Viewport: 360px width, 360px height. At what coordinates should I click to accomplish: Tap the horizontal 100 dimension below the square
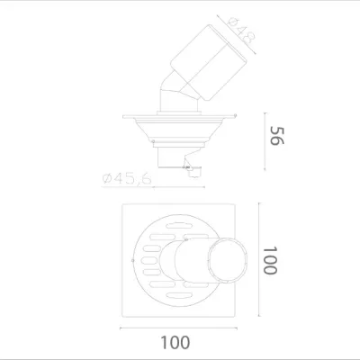178,341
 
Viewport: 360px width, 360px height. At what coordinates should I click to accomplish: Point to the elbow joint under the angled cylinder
170,97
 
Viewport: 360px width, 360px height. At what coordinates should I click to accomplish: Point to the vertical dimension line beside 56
264,139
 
